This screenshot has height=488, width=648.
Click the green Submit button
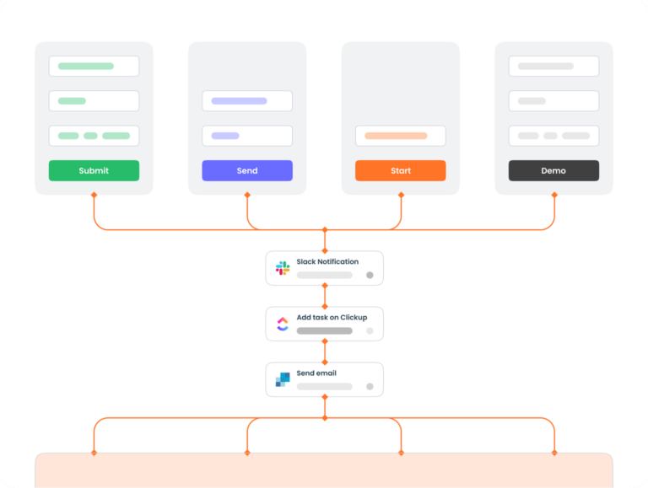click(x=94, y=170)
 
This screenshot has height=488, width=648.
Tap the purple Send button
click(x=247, y=170)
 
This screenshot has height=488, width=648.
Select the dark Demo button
click(x=553, y=170)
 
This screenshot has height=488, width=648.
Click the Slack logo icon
click(x=283, y=268)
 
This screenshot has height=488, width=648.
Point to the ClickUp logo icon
click(x=283, y=324)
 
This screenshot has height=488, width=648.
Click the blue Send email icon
click(x=283, y=380)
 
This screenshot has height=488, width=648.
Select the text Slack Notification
click(x=327, y=262)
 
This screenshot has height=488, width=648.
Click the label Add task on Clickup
click(x=332, y=318)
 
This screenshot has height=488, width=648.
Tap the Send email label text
click(x=316, y=373)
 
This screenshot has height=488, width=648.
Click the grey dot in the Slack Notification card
click(x=370, y=275)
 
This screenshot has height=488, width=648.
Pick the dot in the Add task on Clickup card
click(x=370, y=330)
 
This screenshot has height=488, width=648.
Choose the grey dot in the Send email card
click(x=370, y=386)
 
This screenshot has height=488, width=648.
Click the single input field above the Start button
click(x=401, y=136)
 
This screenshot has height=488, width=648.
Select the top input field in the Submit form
click(x=94, y=66)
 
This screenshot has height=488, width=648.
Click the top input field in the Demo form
click(x=553, y=66)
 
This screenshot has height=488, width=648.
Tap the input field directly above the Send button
click(x=247, y=136)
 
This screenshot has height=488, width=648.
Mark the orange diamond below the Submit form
click(x=94, y=195)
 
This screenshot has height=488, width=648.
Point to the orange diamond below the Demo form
click(x=554, y=195)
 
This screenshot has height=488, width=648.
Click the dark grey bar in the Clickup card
click(x=325, y=330)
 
